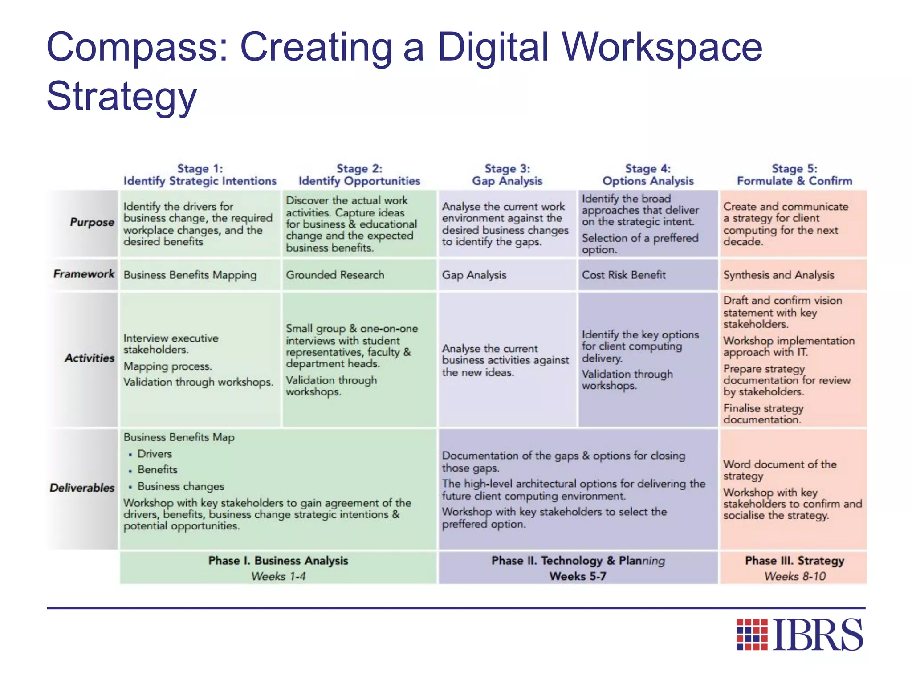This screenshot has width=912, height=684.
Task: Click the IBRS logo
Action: coord(800,634)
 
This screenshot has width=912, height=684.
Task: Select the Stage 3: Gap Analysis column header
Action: coord(507,175)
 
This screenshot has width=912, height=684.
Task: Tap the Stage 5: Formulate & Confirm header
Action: coord(794,175)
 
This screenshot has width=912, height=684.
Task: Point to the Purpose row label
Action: coord(92,222)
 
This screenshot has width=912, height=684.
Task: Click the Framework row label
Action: coord(84,274)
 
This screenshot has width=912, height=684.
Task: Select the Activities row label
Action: coord(90,358)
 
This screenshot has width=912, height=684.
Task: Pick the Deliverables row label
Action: coord(82,488)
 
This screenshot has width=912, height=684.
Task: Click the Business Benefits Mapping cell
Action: coord(190,275)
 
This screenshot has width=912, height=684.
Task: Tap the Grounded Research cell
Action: coord(335,275)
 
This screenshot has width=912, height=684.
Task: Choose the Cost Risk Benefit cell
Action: coord(623,275)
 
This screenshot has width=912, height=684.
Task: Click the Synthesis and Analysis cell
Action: coord(778,275)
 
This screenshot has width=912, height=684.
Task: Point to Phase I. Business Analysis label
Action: coord(278,561)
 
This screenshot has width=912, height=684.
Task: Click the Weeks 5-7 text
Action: coord(578,576)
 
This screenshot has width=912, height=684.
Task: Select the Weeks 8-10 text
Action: coord(795,576)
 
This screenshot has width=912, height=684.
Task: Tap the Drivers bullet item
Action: coord(155,454)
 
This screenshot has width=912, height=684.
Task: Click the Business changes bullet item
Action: coord(180,486)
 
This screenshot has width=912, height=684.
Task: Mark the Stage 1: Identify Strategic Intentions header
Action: coord(200,175)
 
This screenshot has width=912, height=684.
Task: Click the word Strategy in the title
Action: coord(122,96)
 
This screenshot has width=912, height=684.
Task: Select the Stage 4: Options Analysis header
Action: coord(648,175)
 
